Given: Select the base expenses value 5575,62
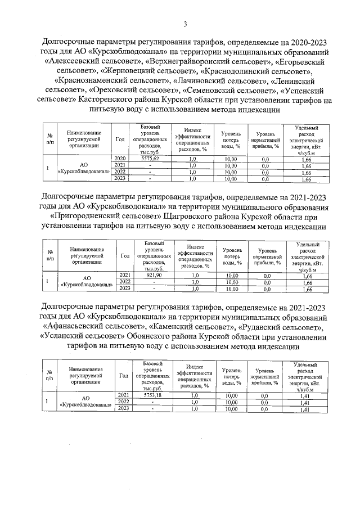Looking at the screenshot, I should (151, 159).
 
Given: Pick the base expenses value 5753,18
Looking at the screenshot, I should (152, 395).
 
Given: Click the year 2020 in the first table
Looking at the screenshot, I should (119, 159).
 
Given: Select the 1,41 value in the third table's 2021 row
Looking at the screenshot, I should (306, 395).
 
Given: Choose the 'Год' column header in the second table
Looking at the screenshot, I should (125, 255).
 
